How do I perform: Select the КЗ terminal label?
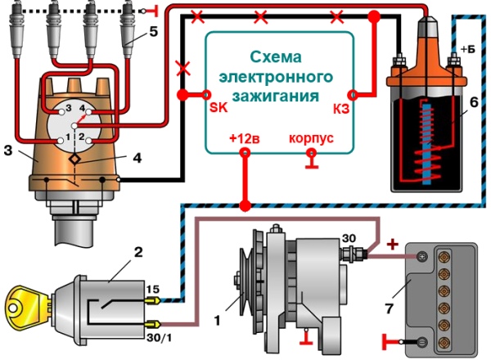[x=341, y=106]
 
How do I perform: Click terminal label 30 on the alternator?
[x=349, y=238]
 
